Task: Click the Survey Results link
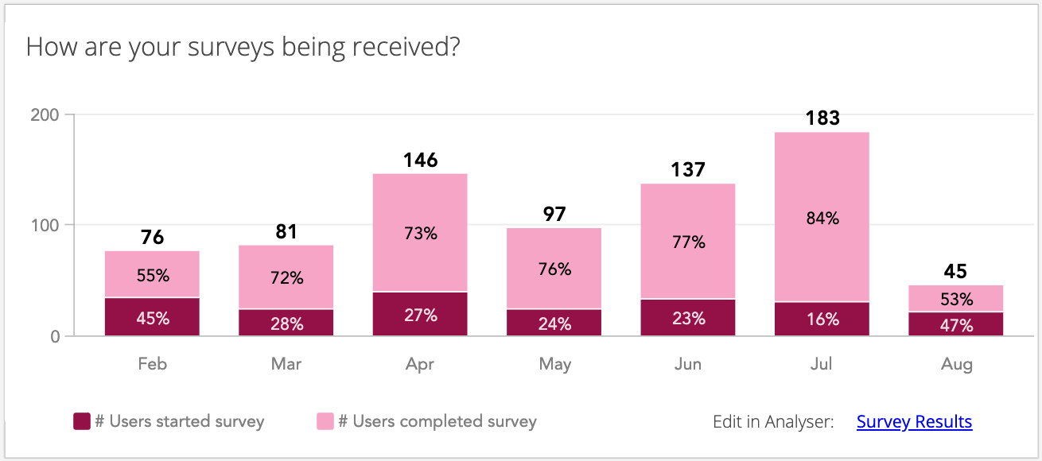click(x=914, y=421)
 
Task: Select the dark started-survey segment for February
click(x=152, y=316)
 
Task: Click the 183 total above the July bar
click(x=822, y=118)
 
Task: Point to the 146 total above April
click(x=420, y=161)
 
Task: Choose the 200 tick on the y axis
click(x=45, y=114)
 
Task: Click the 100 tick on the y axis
click(x=45, y=225)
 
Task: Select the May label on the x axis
click(x=554, y=364)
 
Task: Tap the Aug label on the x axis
click(x=956, y=364)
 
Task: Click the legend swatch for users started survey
click(x=81, y=421)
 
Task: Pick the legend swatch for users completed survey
click(x=325, y=421)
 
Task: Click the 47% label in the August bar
click(x=955, y=324)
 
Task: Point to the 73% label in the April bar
click(x=420, y=234)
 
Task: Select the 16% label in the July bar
click(x=822, y=319)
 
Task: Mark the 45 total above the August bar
click(x=955, y=272)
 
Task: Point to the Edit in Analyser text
click(x=773, y=421)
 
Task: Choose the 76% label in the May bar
click(x=554, y=269)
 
